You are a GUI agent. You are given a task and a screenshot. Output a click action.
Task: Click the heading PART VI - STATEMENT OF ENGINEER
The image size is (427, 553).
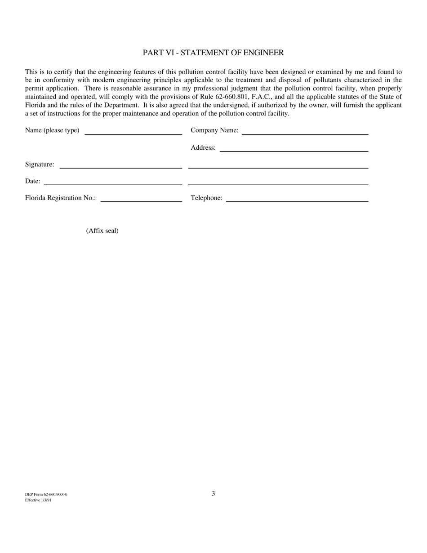(213, 53)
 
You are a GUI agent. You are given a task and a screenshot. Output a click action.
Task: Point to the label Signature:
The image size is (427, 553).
(40, 165)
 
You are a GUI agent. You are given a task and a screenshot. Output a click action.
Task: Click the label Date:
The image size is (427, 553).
(32, 181)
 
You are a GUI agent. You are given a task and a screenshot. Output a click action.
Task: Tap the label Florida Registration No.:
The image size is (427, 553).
(60, 198)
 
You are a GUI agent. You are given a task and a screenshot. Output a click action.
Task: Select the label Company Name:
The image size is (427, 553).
(214, 130)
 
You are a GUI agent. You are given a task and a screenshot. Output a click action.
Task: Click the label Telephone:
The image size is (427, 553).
(206, 198)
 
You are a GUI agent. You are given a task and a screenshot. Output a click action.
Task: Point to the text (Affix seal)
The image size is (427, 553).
(102, 231)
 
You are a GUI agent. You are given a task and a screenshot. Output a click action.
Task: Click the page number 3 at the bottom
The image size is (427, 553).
(213, 493)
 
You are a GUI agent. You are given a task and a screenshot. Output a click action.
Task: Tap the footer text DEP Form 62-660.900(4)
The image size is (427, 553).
(46, 495)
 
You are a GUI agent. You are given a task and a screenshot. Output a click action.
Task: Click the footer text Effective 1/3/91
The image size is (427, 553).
(38, 500)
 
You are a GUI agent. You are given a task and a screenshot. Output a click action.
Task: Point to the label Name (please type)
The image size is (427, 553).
(52, 130)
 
